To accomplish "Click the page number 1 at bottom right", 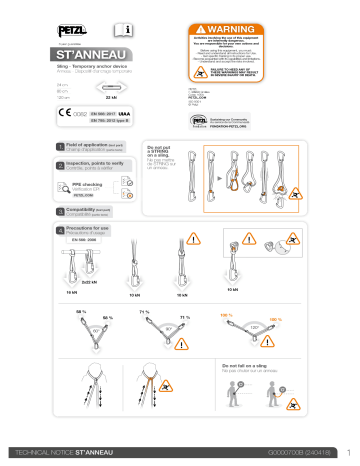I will click(345, 454).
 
